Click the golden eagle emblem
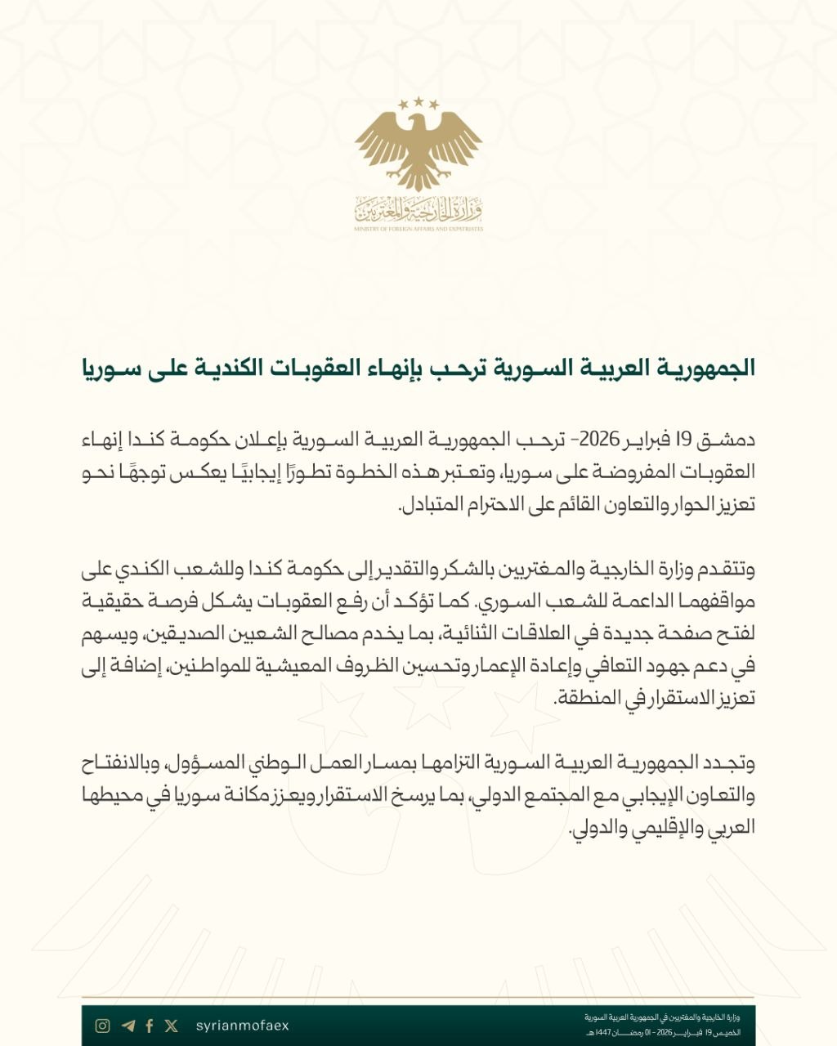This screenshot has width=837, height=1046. pyautogui.click(x=418, y=147)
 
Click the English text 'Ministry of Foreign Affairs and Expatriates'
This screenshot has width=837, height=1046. pyautogui.click(x=418, y=230)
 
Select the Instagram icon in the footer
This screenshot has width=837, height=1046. pyautogui.click(x=103, y=1026)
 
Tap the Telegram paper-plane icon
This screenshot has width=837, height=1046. pyautogui.click(x=128, y=1026)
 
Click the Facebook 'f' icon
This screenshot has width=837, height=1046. pyautogui.click(x=150, y=1026)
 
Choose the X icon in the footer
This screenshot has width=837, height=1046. pyautogui.click(x=172, y=1026)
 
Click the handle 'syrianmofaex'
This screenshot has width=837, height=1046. pyautogui.click(x=243, y=1026)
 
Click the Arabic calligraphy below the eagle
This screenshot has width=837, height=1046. pyautogui.click(x=418, y=211)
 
